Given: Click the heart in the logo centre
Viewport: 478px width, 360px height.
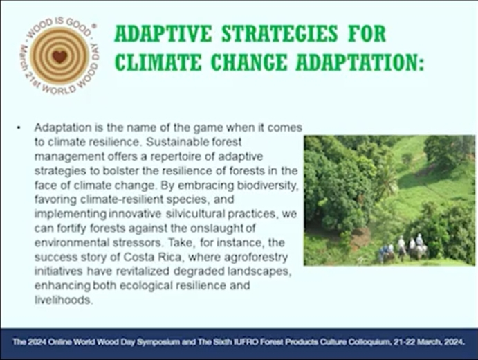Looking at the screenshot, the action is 59,56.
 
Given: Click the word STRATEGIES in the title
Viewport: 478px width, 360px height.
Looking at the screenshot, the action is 279,33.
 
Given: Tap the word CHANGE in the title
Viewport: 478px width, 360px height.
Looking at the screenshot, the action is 249,62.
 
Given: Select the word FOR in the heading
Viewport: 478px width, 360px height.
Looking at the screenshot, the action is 367,33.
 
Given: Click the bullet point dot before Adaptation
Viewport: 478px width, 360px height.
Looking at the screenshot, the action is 19,128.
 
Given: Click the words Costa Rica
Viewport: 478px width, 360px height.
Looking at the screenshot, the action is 152,257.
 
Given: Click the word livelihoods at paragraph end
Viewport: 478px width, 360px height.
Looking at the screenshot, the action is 63,300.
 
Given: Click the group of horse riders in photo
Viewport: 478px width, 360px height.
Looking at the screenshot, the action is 403,249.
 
